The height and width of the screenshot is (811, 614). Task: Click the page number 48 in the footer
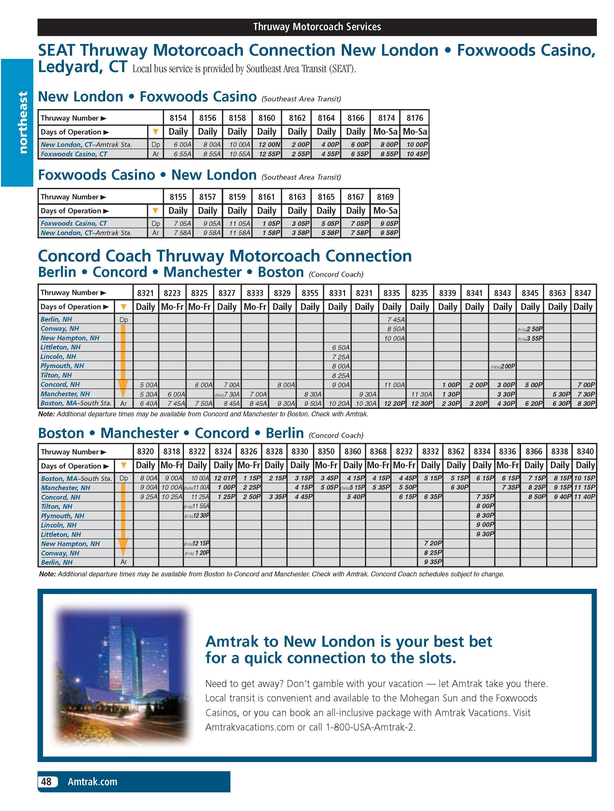[x=46, y=781]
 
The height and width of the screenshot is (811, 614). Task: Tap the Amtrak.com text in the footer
[x=92, y=781]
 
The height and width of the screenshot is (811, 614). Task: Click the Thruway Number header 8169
[x=385, y=197]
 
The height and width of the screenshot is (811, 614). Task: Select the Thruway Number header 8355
[x=310, y=293]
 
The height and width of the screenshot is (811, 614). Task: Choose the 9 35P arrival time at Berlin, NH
[x=433, y=562]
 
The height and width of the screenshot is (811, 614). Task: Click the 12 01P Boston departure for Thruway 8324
[x=223, y=478]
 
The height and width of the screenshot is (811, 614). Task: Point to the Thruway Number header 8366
[x=534, y=452]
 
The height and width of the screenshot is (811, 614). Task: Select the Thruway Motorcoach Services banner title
[x=317, y=27]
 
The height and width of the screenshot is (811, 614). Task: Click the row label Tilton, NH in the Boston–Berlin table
[x=56, y=506]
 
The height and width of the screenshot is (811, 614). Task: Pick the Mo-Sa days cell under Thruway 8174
[x=385, y=132]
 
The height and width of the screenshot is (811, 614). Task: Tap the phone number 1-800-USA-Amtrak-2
[x=370, y=727]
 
